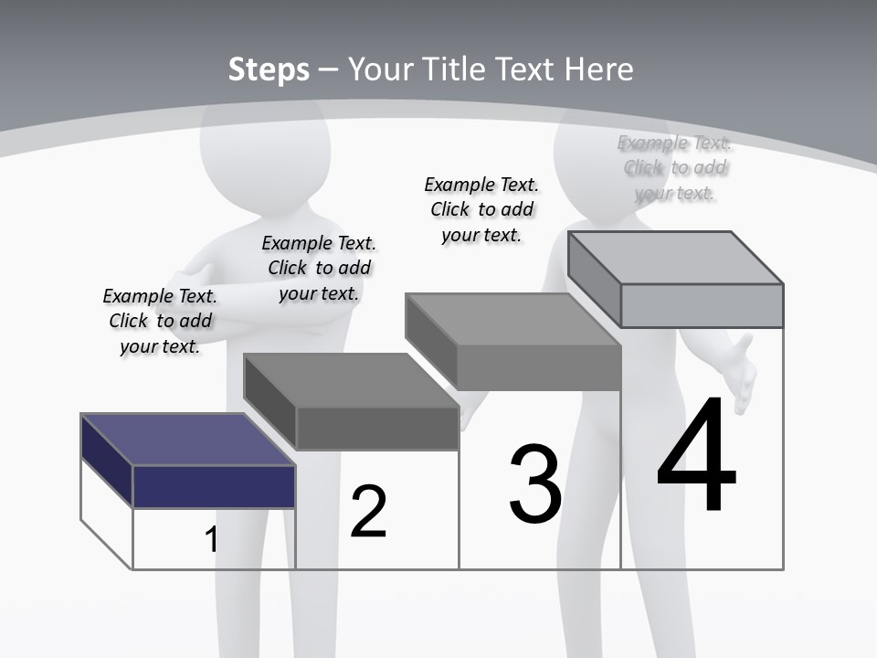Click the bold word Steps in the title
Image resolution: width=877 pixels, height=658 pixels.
point(269,69)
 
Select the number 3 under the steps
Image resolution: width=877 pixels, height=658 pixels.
point(535,484)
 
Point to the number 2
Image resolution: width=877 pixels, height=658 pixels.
point(369,511)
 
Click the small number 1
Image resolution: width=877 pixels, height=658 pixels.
point(212,539)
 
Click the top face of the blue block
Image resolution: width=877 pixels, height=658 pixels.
point(187,439)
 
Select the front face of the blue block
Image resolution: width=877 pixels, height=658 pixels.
point(214,486)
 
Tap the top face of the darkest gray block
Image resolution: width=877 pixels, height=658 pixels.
point(351,379)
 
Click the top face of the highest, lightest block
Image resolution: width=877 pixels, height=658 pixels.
point(676,258)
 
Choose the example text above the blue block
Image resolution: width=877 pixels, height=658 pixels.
point(160,321)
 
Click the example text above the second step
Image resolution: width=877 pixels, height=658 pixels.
point(319,268)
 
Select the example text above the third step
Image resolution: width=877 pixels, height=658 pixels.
point(481,209)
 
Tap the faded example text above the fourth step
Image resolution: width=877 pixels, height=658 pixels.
point(675,167)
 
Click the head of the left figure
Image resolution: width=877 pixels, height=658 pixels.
point(265,137)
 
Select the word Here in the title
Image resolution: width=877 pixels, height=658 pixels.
point(599,69)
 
